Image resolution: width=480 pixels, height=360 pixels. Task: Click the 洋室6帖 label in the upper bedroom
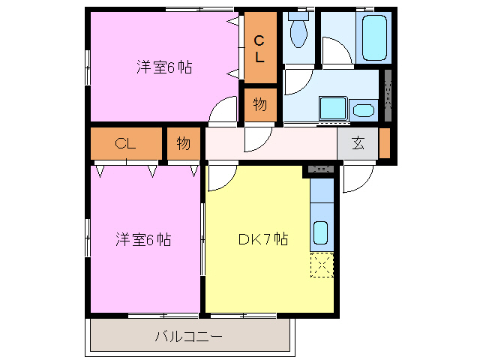pos(164,67)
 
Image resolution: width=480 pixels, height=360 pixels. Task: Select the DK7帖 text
pos(263,239)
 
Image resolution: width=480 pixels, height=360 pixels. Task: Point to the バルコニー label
pos(188,337)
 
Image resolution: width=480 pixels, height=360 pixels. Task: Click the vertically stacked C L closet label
pos(258,48)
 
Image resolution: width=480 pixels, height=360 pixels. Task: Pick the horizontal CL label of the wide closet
pos(125,144)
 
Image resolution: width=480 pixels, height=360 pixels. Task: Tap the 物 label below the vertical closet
pos(259,105)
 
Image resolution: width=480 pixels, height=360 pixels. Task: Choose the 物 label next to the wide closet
pos(184,144)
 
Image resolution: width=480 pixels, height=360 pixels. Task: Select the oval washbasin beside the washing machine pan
pos(363,111)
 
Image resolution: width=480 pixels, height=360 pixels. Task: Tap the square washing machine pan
pos(331,109)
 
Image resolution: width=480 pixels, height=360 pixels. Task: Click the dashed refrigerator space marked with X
pos(322,265)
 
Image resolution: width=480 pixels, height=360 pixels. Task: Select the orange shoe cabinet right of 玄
pos(385,143)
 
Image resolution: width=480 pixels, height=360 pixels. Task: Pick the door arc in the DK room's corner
pos(222,178)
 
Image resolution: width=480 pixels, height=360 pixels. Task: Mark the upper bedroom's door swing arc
pos(222,110)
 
